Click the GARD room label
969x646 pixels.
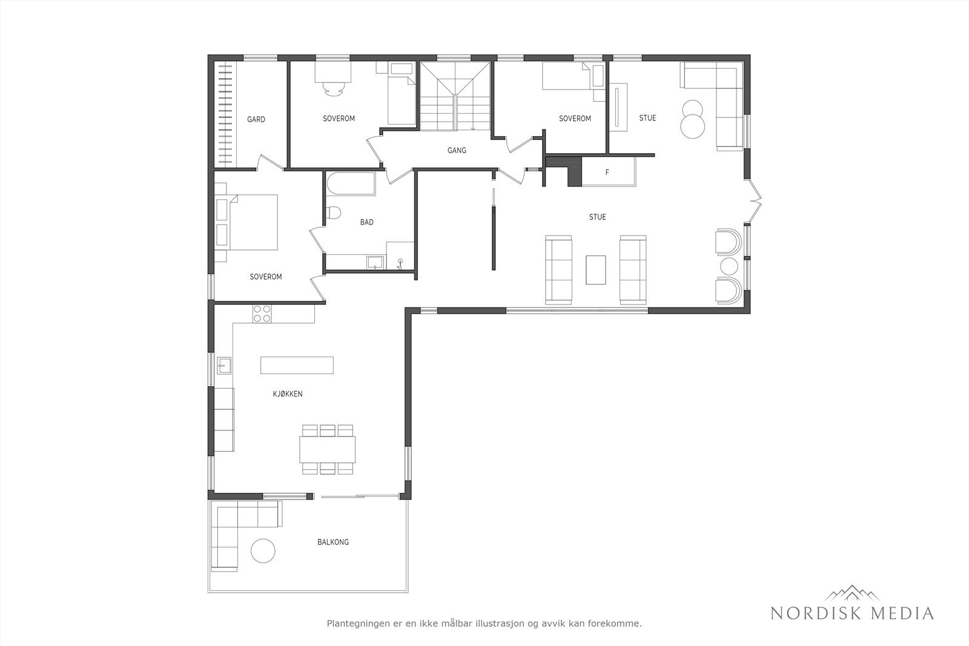[x=256, y=119]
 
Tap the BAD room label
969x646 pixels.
[x=366, y=222]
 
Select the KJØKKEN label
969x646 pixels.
[x=288, y=394]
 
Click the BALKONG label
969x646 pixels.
[x=332, y=542]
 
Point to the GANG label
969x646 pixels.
[x=457, y=150]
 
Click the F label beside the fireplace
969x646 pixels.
[x=607, y=173]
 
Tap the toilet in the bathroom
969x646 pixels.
[x=333, y=213]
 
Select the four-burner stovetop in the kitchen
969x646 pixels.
[x=262, y=313]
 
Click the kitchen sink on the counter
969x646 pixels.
[x=225, y=365]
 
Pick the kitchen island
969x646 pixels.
[x=297, y=365]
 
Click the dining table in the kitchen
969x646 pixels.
[x=327, y=450]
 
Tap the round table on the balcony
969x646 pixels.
[x=264, y=551]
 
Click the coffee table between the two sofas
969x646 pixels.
[x=596, y=269]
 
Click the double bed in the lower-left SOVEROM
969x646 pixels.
[x=251, y=222]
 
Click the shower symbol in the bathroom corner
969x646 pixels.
[x=400, y=262]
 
